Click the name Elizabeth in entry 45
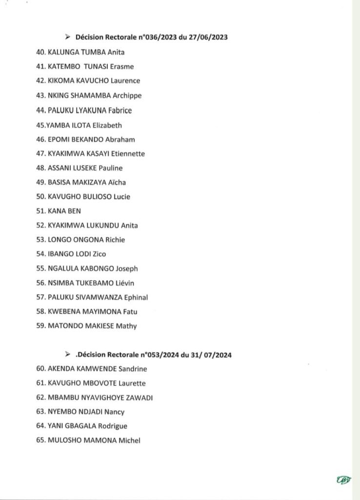107,125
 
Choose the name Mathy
126,326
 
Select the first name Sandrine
129,369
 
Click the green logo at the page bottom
344,480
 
